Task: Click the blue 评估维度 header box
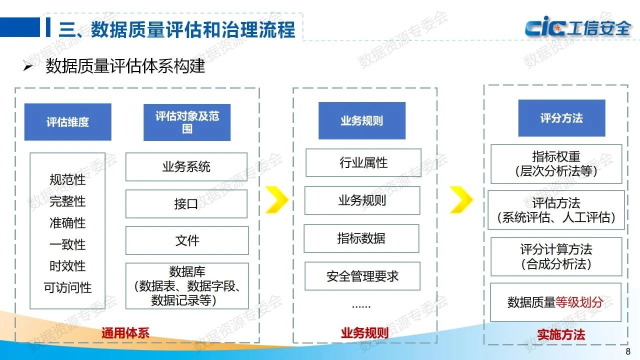coord(68,122)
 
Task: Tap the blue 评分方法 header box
coord(561,118)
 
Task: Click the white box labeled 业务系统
coord(186,167)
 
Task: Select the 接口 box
coord(186,204)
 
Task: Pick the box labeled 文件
coord(187,240)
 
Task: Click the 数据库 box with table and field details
coord(187,286)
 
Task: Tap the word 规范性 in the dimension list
coord(67,179)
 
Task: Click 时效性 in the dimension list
coord(67,266)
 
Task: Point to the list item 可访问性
coord(67,287)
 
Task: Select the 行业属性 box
coord(363,163)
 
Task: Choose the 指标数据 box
coord(361,238)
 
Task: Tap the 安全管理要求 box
coord(362,276)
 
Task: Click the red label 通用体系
coord(125,333)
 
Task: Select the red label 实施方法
coord(561,334)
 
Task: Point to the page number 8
coord(628,350)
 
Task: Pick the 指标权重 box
coord(556,164)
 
